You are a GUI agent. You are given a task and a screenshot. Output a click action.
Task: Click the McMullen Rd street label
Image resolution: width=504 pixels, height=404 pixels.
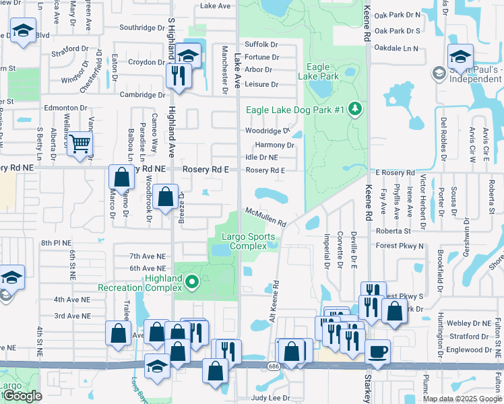tap(265, 217)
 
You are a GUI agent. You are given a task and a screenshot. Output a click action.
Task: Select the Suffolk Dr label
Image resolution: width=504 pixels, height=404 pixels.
tap(261, 44)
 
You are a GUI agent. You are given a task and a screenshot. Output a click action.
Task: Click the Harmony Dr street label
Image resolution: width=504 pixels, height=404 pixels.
tap(275, 145)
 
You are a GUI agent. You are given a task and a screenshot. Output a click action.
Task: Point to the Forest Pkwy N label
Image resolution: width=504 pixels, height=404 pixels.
tap(400, 246)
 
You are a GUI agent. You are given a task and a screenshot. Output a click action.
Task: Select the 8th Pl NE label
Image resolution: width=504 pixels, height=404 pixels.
tap(56, 242)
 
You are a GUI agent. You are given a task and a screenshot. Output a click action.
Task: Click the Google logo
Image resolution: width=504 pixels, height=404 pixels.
tap(22, 396)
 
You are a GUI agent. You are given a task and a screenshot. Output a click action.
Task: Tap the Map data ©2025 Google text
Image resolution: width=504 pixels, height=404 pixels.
tap(462, 399)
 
